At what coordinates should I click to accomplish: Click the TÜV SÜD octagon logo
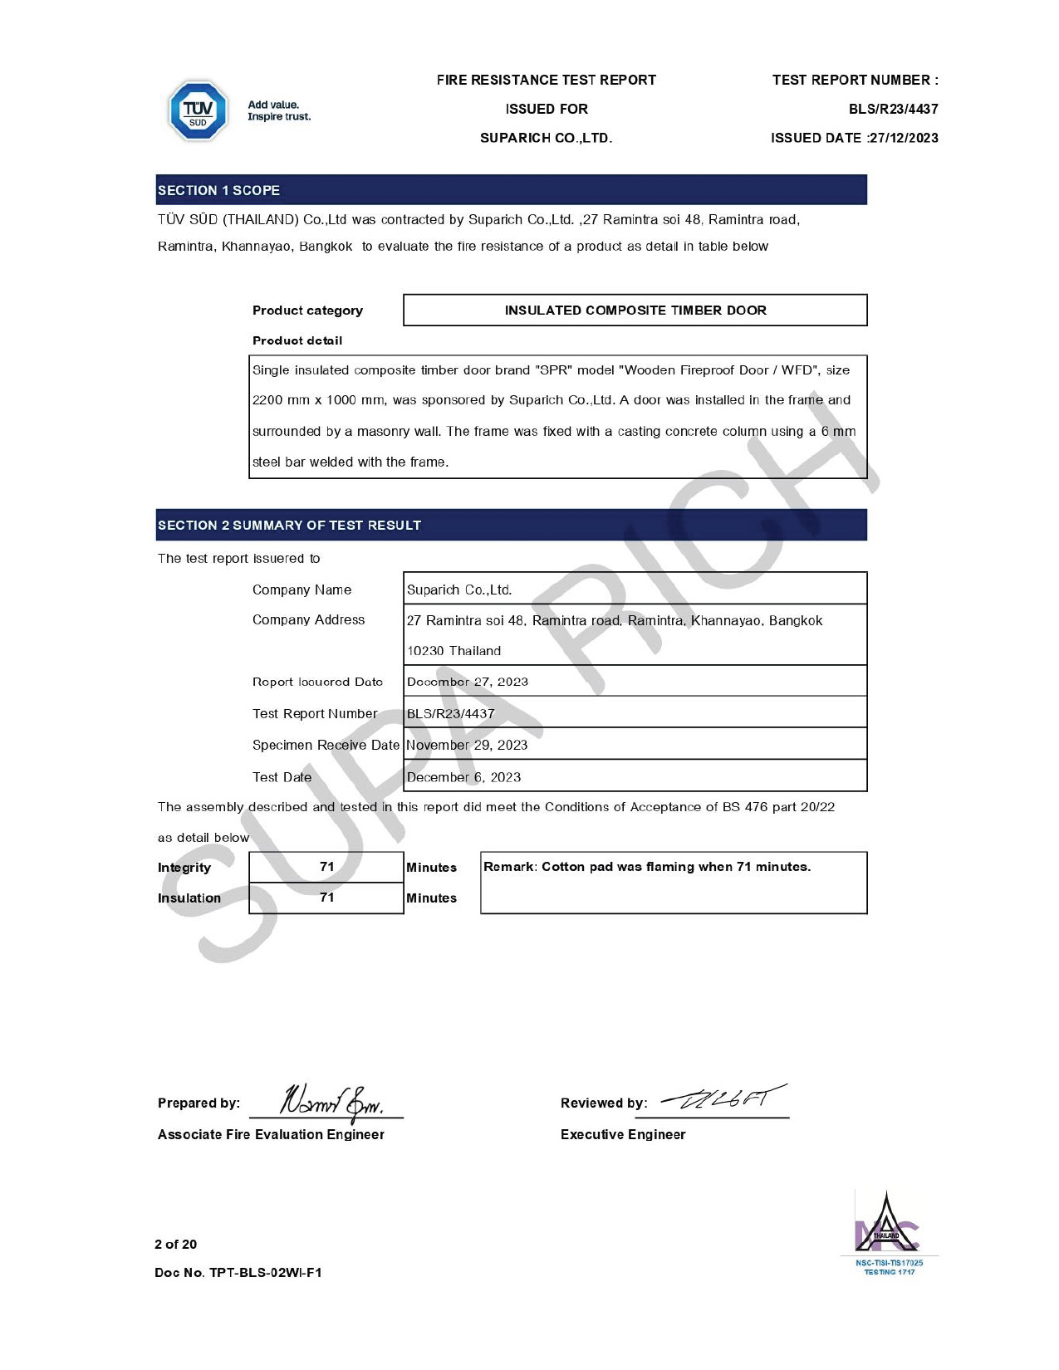pyautogui.click(x=198, y=111)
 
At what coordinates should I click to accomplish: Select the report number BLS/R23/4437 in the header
pyautogui.click(x=893, y=109)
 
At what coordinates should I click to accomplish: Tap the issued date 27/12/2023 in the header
pyautogui.click(x=903, y=138)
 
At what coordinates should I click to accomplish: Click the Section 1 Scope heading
pyautogui.click(x=219, y=190)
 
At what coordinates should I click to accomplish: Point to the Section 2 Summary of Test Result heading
pyautogui.click(x=290, y=525)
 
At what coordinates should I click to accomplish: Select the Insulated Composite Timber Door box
pyautogui.click(x=635, y=310)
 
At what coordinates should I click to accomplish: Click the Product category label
pyautogui.click(x=307, y=311)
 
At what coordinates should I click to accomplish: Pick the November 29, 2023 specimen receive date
pyautogui.click(x=467, y=745)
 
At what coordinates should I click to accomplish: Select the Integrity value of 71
pyautogui.click(x=326, y=867)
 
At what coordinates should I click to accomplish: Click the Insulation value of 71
pyautogui.click(x=326, y=898)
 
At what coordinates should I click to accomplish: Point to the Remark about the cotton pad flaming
pyautogui.click(x=647, y=867)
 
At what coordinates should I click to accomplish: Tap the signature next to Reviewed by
pyautogui.click(x=723, y=1100)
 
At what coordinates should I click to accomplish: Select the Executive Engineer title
pyautogui.click(x=623, y=1134)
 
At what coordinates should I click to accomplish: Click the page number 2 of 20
pyautogui.click(x=176, y=1244)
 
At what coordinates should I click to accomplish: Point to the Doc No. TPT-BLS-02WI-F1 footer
pyautogui.click(x=238, y=1272)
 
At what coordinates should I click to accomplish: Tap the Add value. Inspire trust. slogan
pyautogui.click(x=279, y=110)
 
